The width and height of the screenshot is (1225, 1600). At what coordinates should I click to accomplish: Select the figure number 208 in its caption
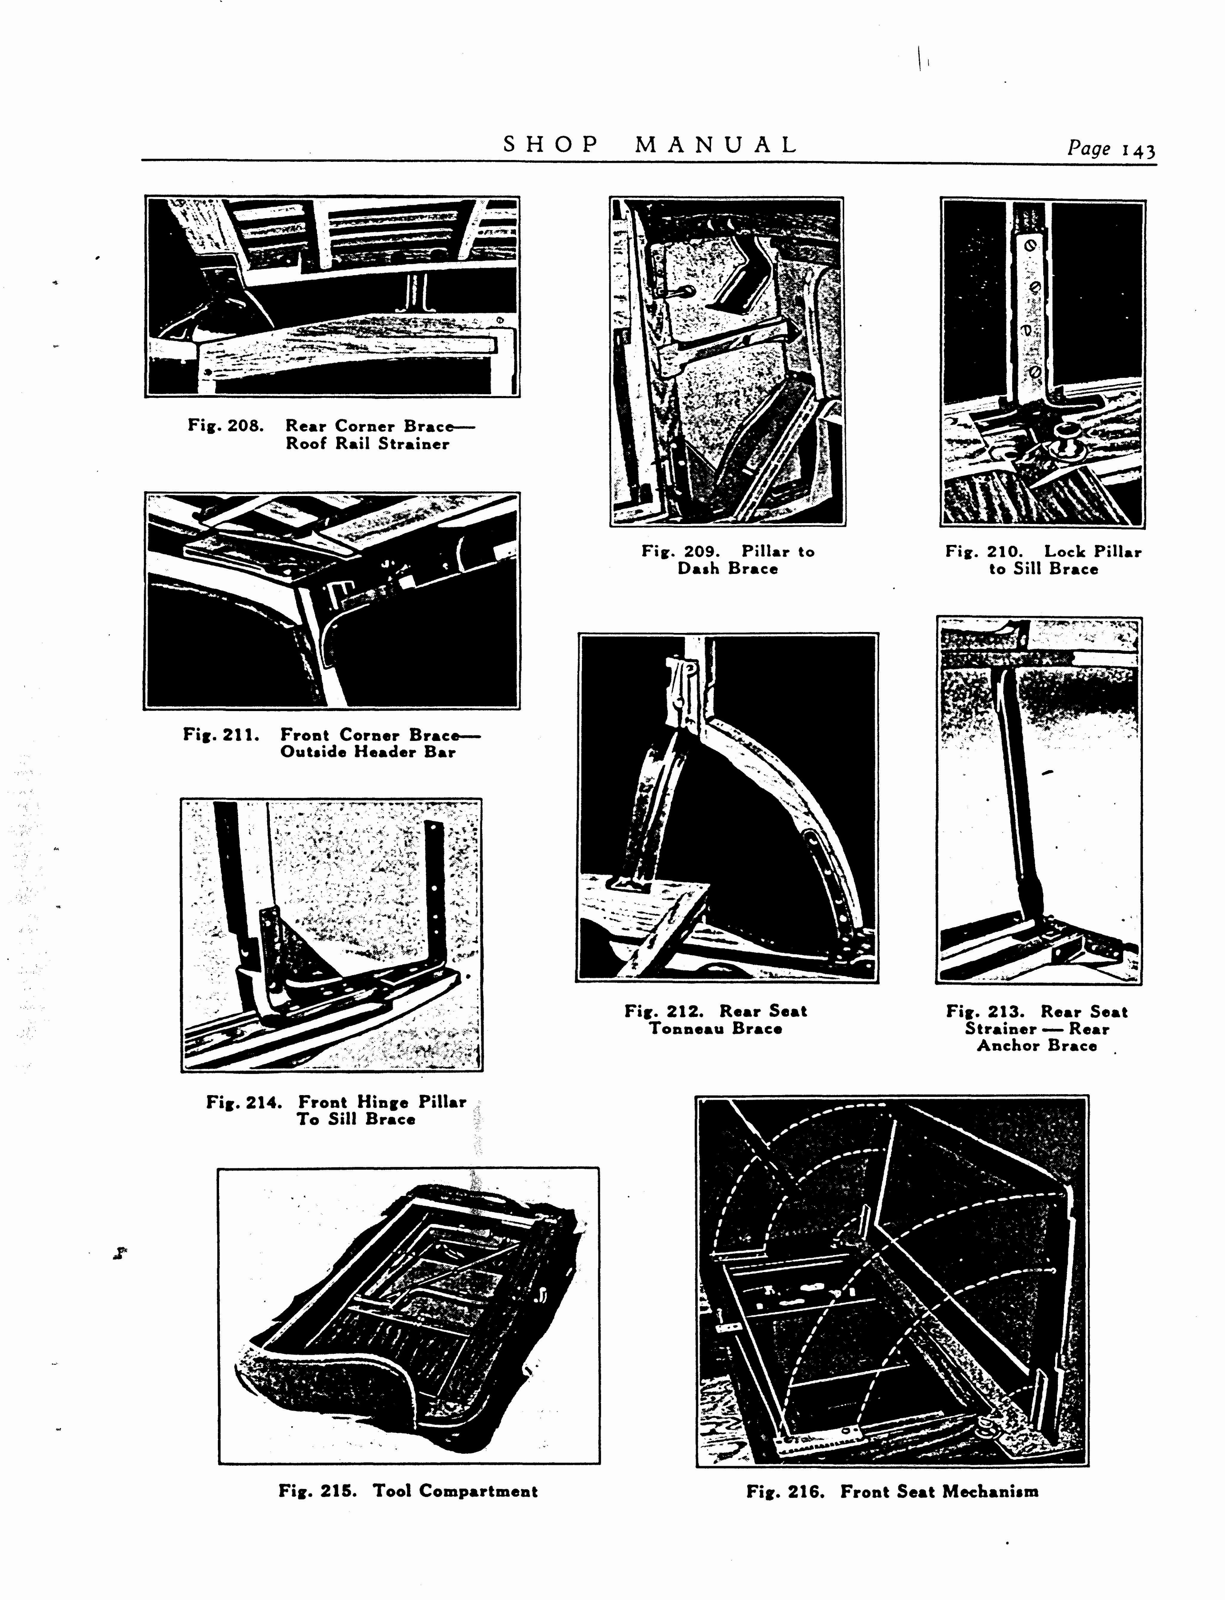[245, 425]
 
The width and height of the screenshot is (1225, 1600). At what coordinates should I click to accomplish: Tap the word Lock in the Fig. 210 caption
[1065, 552]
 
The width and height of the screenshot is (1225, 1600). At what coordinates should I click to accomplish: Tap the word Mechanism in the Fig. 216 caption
[990, 1492]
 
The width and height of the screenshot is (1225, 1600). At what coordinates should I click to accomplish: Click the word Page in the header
[1089, 149]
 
